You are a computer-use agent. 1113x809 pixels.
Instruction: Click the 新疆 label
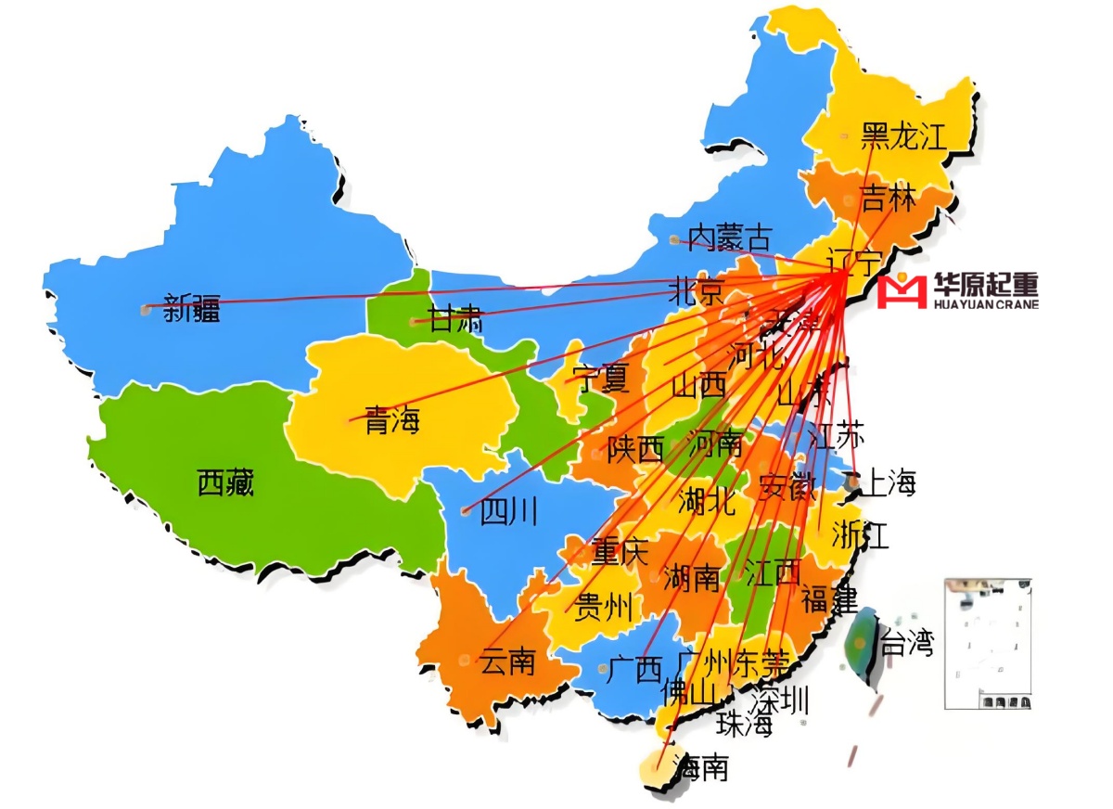point(192,308)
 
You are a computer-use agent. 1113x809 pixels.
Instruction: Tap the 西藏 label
point(225,482)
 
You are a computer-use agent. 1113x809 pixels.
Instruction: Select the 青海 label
point(391,421)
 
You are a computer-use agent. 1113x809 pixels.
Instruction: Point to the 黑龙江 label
point(904,136)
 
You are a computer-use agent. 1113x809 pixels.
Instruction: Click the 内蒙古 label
point(730,238)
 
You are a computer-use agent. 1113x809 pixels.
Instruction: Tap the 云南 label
point(507,661)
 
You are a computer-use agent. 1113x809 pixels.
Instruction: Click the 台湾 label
point(906,642)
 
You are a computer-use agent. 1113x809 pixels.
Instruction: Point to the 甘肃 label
point(454,321)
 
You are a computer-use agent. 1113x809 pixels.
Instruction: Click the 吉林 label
point(889,199)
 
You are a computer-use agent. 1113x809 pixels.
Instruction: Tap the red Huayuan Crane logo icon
point(902,290)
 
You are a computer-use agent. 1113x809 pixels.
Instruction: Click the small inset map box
point(988,644)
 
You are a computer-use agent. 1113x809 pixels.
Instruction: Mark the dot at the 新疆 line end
point(145,309)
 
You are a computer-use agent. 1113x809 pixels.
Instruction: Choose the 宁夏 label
point(601,379)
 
